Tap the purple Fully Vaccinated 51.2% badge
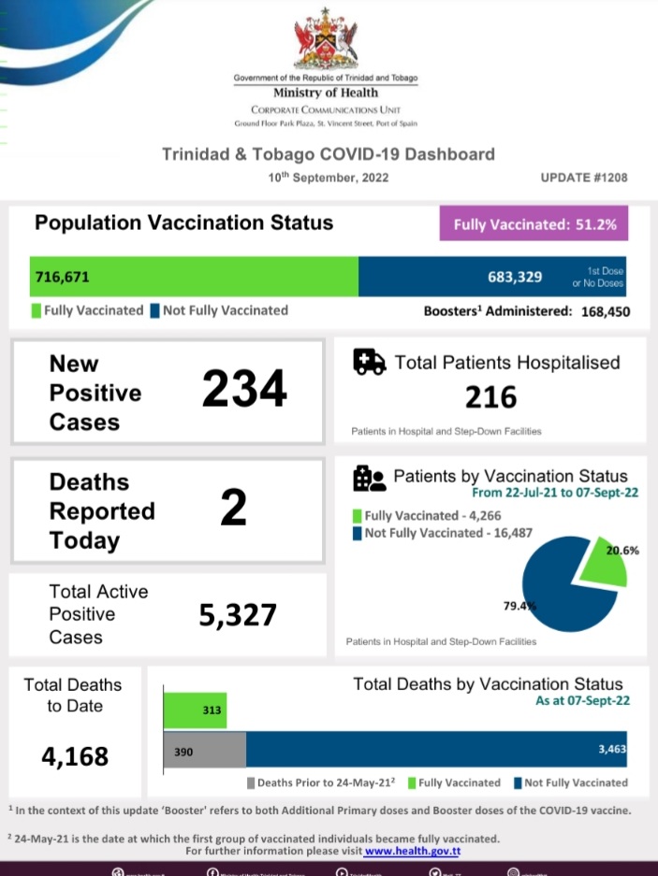pyautogui.click(x=534, y=224)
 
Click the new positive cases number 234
pyautogui.click(x=244, y=389)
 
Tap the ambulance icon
pyautogui.click(x=370, y=362)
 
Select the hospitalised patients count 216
pyautogui.click(x=490, y=397)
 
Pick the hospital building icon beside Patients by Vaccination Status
pyautogui.click(x=369, y=479)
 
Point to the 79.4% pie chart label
pyautogui.click(x=519, y=606)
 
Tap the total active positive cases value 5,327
pyautogui.click(x=238, y=615)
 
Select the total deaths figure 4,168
pyautogui.click(x=75, y=755)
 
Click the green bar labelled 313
pyautogui.click(x=196, y=711)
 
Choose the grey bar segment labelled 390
pyautogui.click(x=205, y=750)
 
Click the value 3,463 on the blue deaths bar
pyautogui.click(x=608, y=750)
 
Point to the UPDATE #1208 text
pyautogui.click(x=584, y=178)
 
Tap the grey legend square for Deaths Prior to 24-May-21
pyautogui.click(x=250, y=783)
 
